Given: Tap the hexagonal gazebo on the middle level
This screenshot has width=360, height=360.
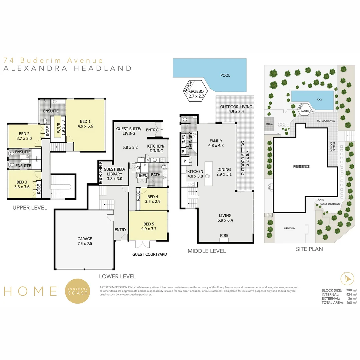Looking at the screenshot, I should [x=195, y=93].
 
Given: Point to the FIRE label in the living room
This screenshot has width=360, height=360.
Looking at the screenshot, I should [x=224, y=236].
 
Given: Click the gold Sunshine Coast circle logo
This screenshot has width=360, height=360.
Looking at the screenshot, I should [x=77, y=291].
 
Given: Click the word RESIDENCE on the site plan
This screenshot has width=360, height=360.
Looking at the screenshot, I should [x=301, y=166].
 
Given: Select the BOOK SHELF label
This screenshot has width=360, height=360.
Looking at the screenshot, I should [x=100, y=172].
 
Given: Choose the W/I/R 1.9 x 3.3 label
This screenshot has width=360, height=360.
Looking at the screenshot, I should [x=57, y=127].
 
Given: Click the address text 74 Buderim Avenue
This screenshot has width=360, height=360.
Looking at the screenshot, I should [x=53, y=60].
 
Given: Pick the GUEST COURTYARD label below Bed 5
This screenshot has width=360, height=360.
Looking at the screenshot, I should [x=149, y=254].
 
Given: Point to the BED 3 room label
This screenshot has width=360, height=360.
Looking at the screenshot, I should [x=22, y=184].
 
